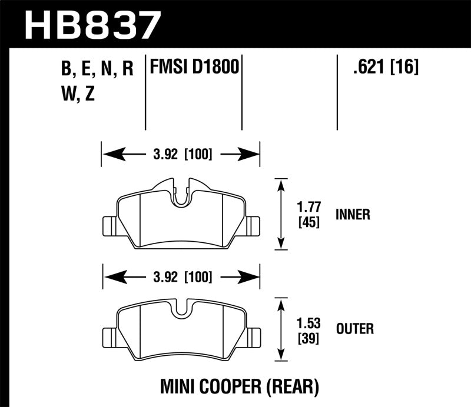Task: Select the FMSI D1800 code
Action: (194, 67)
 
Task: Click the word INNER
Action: (353, 215)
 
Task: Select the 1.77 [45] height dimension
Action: (309, 215)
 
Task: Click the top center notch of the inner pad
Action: (181, 194)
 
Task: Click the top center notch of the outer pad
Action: (181, 308)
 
